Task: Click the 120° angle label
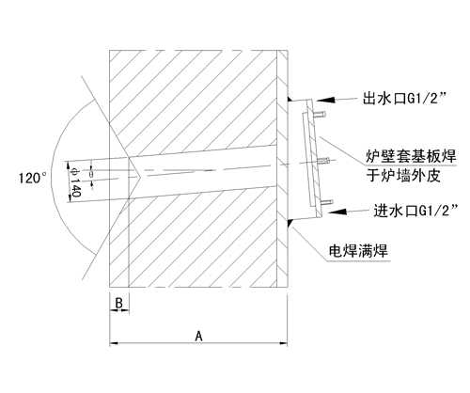[33, 179]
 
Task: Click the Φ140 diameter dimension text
[75, 182]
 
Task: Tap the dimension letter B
[118, 303]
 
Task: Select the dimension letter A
[198, 336]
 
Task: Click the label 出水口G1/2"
[404, 99]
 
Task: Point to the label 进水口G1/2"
[415, 211]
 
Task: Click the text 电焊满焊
[358, 251]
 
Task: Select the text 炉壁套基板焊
[411, 156]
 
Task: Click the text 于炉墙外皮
[403, 176]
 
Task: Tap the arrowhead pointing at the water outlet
[325, 100]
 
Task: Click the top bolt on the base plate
[321, 115]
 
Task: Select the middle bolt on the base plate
[322, 162]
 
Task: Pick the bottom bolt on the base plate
[326, 202]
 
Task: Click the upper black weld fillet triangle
[290, 99]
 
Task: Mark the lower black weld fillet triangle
[290, 223]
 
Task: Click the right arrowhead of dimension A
[283, 343]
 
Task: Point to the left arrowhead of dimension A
[114, 343]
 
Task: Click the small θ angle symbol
[91, 174]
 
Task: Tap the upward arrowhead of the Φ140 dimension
[70, 166]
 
